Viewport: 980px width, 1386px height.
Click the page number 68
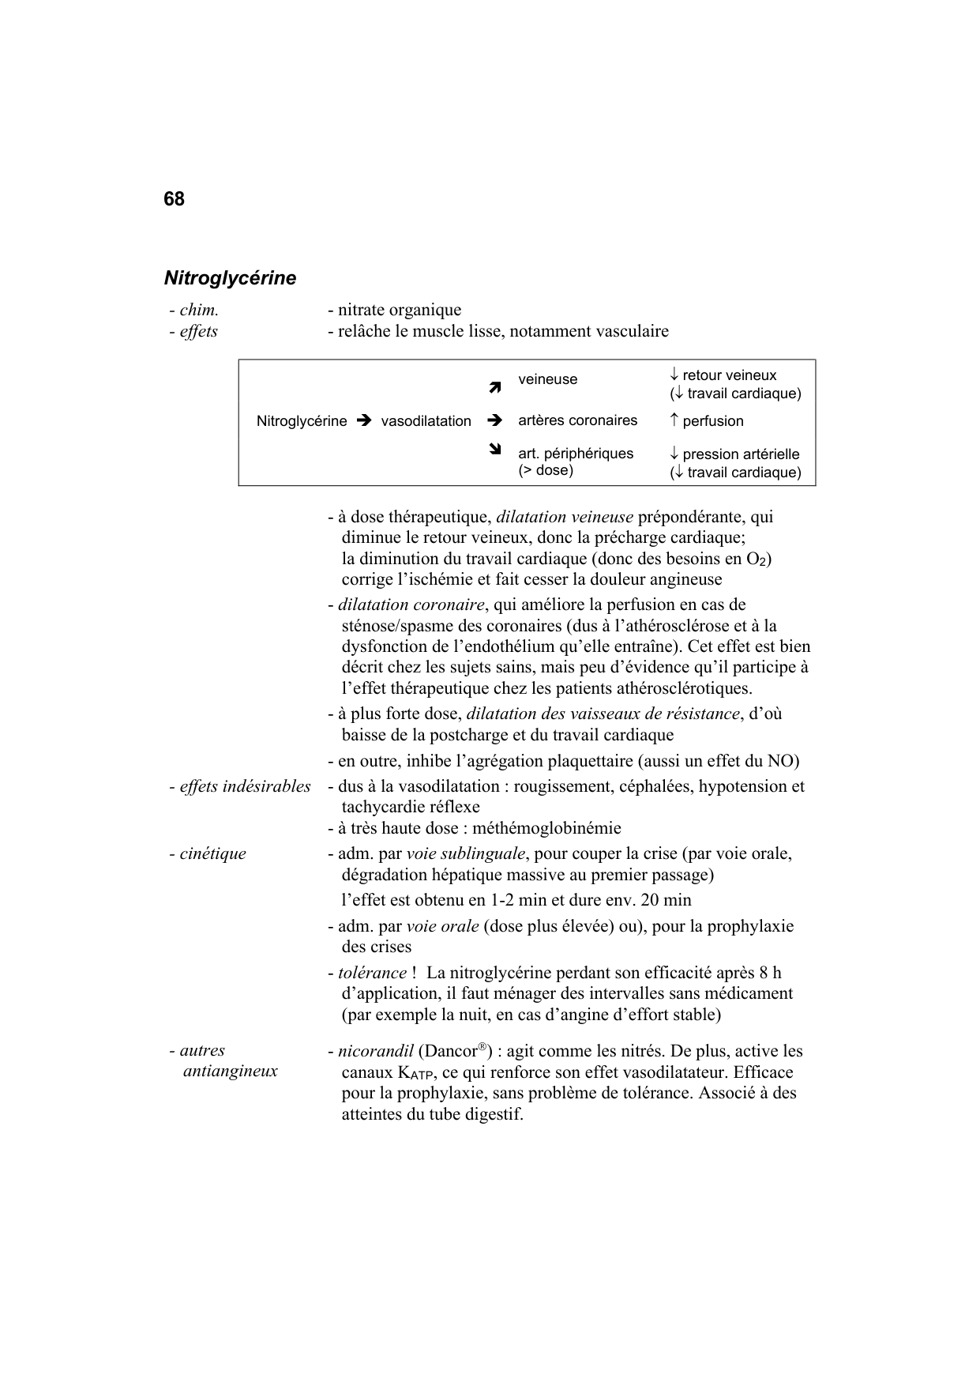pos(174,199)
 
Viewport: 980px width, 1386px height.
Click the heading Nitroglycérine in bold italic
pos(230,278)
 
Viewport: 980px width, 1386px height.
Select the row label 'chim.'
pos(198,311)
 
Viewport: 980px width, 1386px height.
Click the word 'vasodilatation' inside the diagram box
pos(426,421)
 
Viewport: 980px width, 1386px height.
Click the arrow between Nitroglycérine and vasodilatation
pos(363,421)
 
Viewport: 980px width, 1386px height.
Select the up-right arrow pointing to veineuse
pos(495,387)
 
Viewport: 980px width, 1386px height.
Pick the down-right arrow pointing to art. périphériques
pos(495,451)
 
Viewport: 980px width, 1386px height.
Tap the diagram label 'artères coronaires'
pos(577,420)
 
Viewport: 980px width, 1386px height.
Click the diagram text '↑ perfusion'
pos(706,421)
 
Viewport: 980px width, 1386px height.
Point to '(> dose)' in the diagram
pos(546,470)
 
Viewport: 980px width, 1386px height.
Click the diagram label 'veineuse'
pos(547,379)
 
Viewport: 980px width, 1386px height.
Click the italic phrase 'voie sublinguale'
pos(466,853)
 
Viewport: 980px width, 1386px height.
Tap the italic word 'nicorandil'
pos(376,1052)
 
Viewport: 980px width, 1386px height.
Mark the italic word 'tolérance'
pos(372,973)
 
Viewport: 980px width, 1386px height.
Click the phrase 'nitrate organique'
pos(400,311)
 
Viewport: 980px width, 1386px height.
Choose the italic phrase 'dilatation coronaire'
pos(411,605)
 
